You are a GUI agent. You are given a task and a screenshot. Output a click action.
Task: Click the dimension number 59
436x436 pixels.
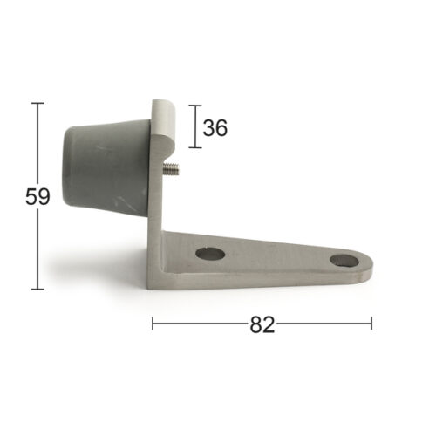(37, 197)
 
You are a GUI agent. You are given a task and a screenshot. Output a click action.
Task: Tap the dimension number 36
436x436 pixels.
(215, 128)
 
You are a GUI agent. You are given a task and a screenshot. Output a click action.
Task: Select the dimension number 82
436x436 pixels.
(262, 324)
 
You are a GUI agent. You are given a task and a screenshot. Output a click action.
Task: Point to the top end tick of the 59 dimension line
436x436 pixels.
(37, 103)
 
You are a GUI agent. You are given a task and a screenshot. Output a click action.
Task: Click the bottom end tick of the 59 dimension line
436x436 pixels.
(37, 289)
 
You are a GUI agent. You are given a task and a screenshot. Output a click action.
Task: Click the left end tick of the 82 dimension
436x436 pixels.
(153, 324)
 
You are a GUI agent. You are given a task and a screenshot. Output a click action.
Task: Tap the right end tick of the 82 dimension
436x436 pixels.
(371, 324)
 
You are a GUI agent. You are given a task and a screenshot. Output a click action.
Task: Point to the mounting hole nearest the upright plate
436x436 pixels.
(209, 255)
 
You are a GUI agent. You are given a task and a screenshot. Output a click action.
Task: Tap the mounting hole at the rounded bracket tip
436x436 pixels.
(343, 261)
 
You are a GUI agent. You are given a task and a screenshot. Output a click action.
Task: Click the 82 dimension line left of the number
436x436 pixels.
(201, 324)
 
